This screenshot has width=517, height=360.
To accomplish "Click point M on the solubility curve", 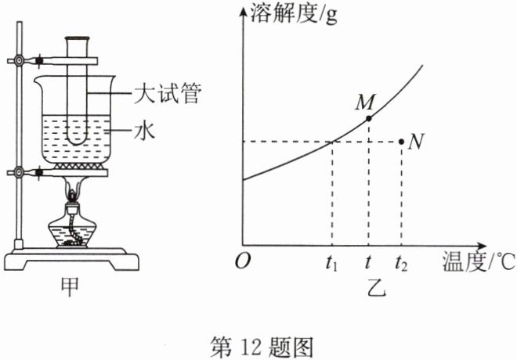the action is click(369, 118).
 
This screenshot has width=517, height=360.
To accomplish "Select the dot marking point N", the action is click(401, 142).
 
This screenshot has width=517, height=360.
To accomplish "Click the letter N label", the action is click(415, 142).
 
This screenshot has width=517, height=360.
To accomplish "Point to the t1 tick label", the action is click(331, 263).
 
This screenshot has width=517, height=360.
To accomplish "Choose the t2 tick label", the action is click(401, 263).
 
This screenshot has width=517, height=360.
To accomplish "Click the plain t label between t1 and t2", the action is click(367, 262).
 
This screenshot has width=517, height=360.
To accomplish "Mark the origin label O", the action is click(243, 261).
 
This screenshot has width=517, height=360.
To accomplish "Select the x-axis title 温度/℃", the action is click(479, 261).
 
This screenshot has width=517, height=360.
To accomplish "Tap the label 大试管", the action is click(168, 94).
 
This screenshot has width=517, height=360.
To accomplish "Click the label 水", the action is click(145, 131).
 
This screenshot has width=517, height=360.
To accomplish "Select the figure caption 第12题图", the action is click(262, 347).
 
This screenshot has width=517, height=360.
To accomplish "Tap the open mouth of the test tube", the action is click(78, 38).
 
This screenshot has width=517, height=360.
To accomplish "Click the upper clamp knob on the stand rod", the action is click(19, 61).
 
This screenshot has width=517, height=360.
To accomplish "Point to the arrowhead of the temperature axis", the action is click(481, 246).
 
